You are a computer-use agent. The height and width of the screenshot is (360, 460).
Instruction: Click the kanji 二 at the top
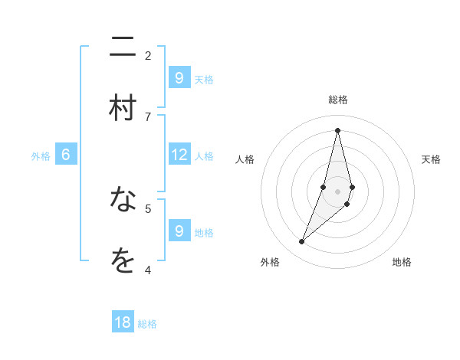123,47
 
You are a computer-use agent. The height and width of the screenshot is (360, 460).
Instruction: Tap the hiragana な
123,200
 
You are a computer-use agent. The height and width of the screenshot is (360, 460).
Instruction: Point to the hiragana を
123,261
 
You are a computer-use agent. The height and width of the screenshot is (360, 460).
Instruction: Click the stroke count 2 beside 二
148,55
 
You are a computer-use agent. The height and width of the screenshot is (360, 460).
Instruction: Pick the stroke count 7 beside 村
148,116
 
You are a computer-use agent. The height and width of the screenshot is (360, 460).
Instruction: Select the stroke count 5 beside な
148,208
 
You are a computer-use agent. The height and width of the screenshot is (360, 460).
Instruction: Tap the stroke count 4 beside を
148,269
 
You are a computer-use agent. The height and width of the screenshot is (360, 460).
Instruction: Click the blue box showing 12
179,155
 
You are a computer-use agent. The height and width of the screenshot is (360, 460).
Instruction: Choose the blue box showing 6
65,155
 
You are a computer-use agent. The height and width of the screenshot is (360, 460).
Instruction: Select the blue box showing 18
123,322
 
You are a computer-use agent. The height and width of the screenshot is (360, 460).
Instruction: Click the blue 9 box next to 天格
179,78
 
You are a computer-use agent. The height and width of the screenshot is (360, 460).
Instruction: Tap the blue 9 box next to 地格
179,231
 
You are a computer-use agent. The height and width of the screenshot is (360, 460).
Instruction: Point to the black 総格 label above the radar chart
338,100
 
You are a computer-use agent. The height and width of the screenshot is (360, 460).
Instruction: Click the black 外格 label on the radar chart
270,262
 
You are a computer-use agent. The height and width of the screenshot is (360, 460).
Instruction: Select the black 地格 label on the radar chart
402,262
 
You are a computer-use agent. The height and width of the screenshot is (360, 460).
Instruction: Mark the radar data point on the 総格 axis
337,129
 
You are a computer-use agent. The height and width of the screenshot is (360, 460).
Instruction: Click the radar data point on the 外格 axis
301,242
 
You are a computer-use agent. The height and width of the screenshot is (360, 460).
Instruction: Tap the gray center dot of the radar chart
337,191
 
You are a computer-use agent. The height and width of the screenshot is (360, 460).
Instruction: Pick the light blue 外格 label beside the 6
41,156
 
